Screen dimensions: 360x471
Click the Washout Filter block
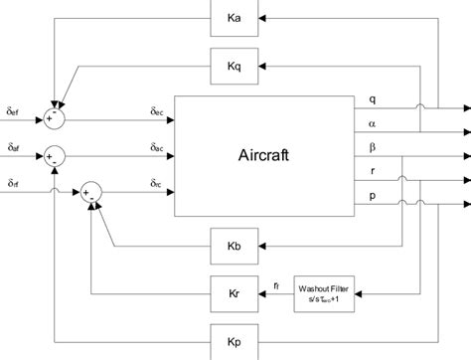pos(325,293)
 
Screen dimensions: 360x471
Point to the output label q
pos(372,99)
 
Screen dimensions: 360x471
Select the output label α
pos(372,125)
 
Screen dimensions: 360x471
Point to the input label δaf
pos(13,147)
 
